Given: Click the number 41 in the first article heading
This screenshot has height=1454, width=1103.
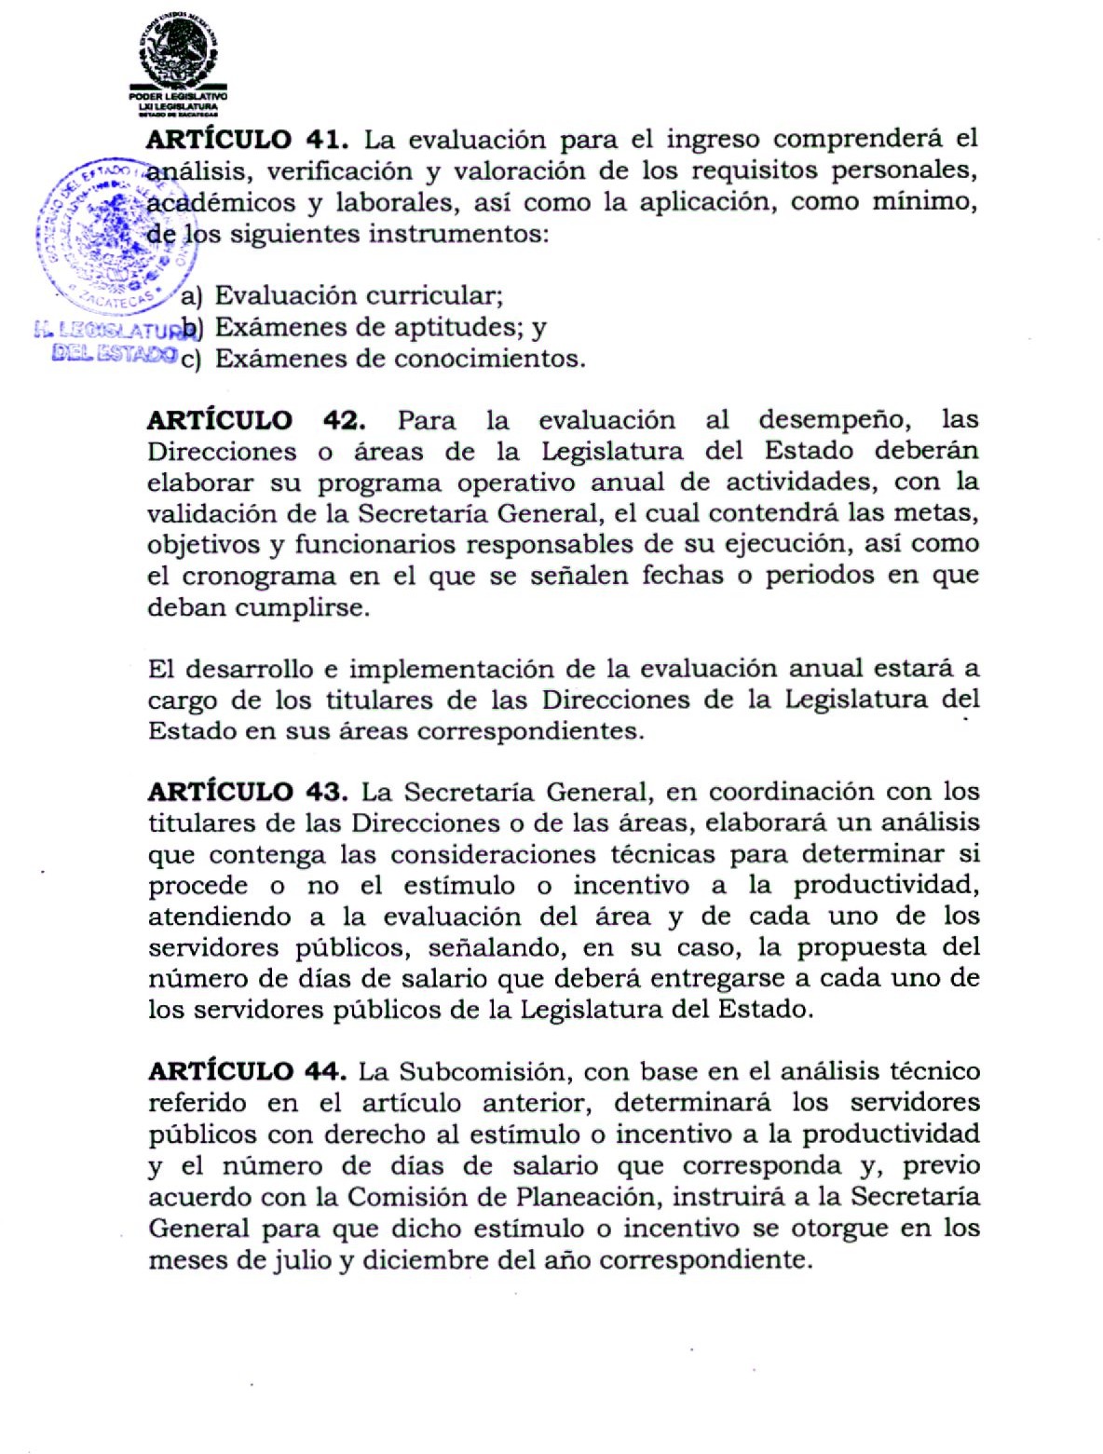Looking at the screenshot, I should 325,140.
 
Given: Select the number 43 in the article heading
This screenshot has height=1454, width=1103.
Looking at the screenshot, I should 325,793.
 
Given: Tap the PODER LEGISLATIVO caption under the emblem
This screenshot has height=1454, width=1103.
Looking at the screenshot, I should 178,97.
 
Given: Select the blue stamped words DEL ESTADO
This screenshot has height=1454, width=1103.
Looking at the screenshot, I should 115,353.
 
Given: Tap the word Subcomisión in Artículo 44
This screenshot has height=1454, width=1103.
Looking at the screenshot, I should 495,1072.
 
